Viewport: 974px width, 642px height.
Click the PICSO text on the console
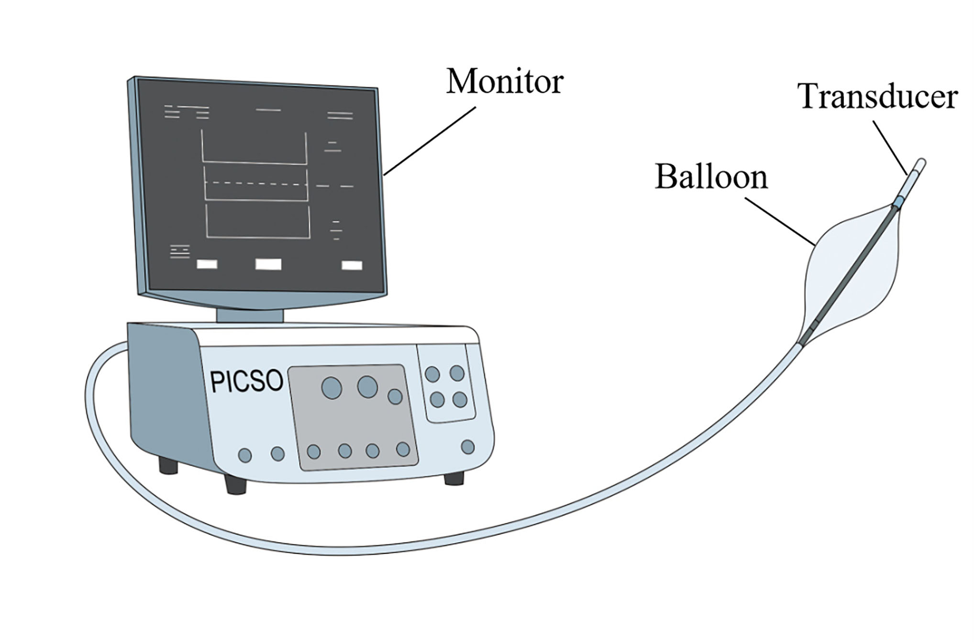(247, 382)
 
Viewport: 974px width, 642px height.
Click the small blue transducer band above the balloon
(898, 202)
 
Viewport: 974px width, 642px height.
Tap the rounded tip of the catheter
(921, 164)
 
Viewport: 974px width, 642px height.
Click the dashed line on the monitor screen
(255, 183)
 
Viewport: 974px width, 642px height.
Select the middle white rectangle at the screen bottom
(268, 264)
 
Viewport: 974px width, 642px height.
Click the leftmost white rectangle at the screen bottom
(207, 264)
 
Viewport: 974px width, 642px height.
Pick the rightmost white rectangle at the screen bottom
(352, 265)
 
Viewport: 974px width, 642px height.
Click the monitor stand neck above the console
(250, 315)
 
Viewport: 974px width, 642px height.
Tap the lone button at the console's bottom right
(467, 447)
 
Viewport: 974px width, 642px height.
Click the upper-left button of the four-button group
(432, 374)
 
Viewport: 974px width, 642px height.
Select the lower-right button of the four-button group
(460, 399)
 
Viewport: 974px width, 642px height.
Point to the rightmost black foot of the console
(454, 478)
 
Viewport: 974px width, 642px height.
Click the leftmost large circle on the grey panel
(332, 388)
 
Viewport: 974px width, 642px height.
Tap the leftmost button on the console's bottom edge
(244, 455)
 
